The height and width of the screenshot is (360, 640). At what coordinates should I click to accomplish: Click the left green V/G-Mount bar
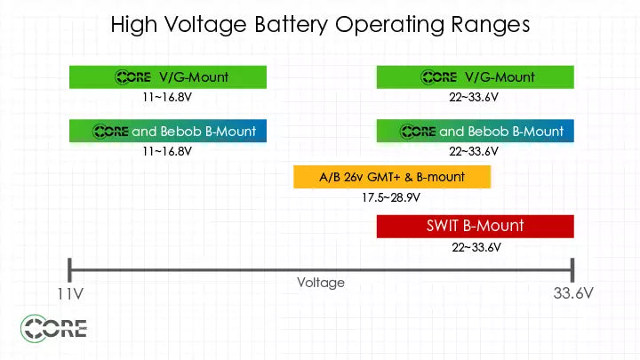coord(168,77)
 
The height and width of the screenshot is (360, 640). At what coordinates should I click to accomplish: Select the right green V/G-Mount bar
coord(475,77)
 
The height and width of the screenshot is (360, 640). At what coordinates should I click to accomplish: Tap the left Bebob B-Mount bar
coord(168,132)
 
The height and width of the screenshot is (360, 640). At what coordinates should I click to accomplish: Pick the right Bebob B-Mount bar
coord(475,132)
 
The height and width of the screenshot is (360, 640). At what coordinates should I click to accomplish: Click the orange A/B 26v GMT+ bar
coord(392,177)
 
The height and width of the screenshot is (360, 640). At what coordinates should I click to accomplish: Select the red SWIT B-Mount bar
coord(475,227)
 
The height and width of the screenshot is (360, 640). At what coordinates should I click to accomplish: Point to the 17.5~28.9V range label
coord(392,197)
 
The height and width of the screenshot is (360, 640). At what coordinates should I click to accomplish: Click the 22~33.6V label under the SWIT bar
coord(476,247)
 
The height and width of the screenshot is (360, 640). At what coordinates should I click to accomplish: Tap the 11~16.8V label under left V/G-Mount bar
coord(167,97)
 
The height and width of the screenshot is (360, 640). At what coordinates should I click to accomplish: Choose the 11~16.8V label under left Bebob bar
coord(167,151)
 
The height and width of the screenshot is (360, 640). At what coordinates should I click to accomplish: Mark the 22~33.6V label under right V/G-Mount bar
coord(475,97)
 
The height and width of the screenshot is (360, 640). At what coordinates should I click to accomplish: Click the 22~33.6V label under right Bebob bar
coord(475,151)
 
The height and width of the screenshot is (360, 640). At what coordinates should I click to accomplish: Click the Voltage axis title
coord(321,283)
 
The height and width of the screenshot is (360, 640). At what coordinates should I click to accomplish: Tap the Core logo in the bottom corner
coord(54,330)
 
